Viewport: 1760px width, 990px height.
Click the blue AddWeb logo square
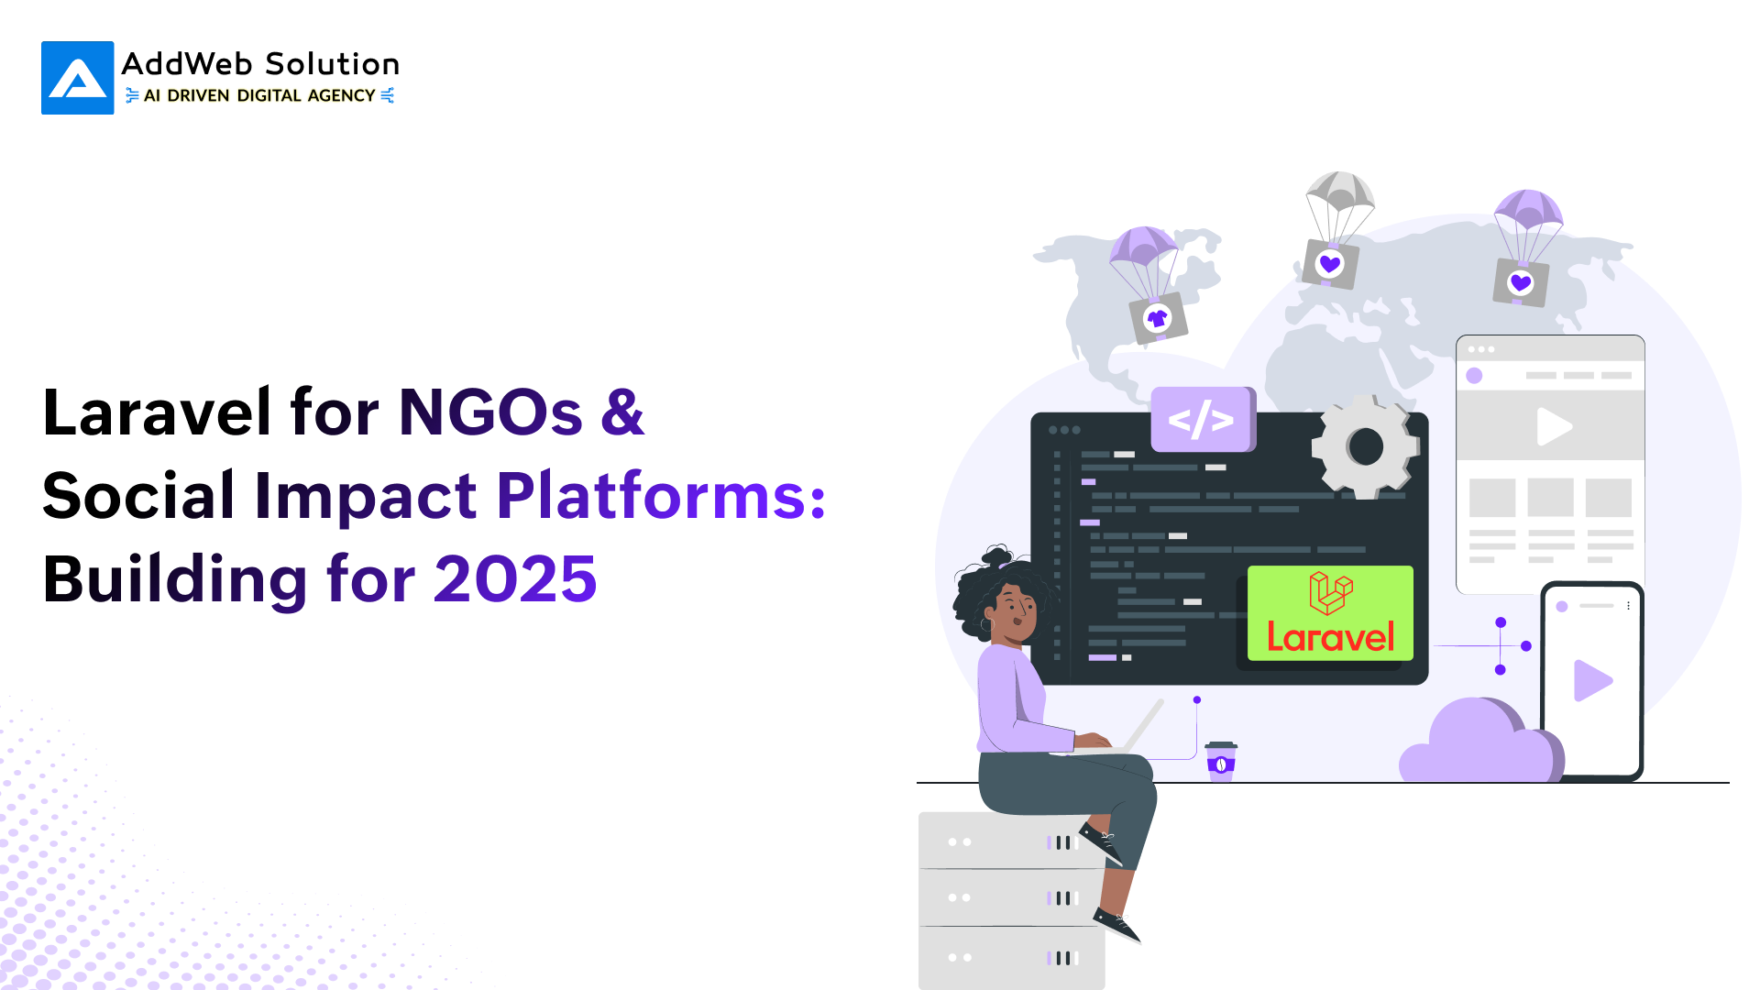78,78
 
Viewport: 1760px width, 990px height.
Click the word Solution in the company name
332,64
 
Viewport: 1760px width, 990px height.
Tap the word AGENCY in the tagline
342,95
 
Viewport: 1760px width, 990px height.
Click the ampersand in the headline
622,412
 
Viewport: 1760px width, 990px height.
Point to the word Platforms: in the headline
661,495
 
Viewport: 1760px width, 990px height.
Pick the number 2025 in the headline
515,579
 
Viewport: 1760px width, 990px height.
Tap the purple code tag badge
1203,419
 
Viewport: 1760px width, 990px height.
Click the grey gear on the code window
1366,446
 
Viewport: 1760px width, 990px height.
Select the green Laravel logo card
1330,613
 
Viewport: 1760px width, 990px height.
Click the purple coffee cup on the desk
1221,761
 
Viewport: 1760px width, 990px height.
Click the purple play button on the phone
1592,680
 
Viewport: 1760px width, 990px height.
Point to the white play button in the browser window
1554,426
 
